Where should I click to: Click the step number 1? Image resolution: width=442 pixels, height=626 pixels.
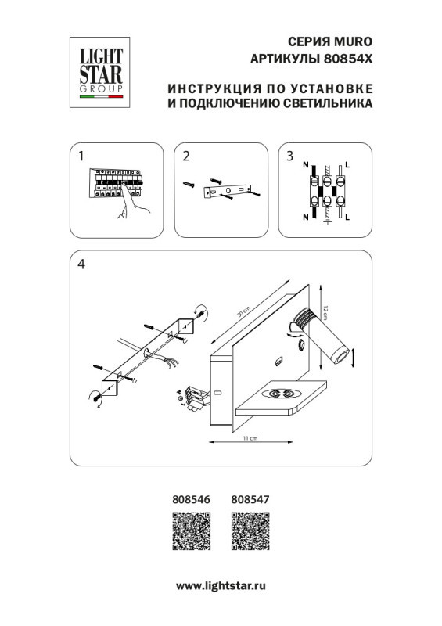81,156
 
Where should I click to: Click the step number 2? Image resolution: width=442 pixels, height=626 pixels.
186,156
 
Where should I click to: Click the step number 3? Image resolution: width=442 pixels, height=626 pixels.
289,156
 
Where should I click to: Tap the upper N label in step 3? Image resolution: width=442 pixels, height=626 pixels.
305,166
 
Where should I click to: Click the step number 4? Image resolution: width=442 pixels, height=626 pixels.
81,264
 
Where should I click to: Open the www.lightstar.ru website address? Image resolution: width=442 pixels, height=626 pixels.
221,585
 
